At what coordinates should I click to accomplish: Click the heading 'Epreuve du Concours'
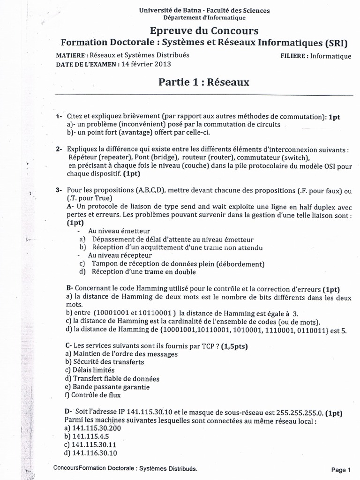point(203,31)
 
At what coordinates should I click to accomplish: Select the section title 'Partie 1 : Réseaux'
point(204,82)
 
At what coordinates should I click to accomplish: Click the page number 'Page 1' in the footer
point(341,470)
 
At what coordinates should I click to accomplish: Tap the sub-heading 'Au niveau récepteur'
point(120,255)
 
